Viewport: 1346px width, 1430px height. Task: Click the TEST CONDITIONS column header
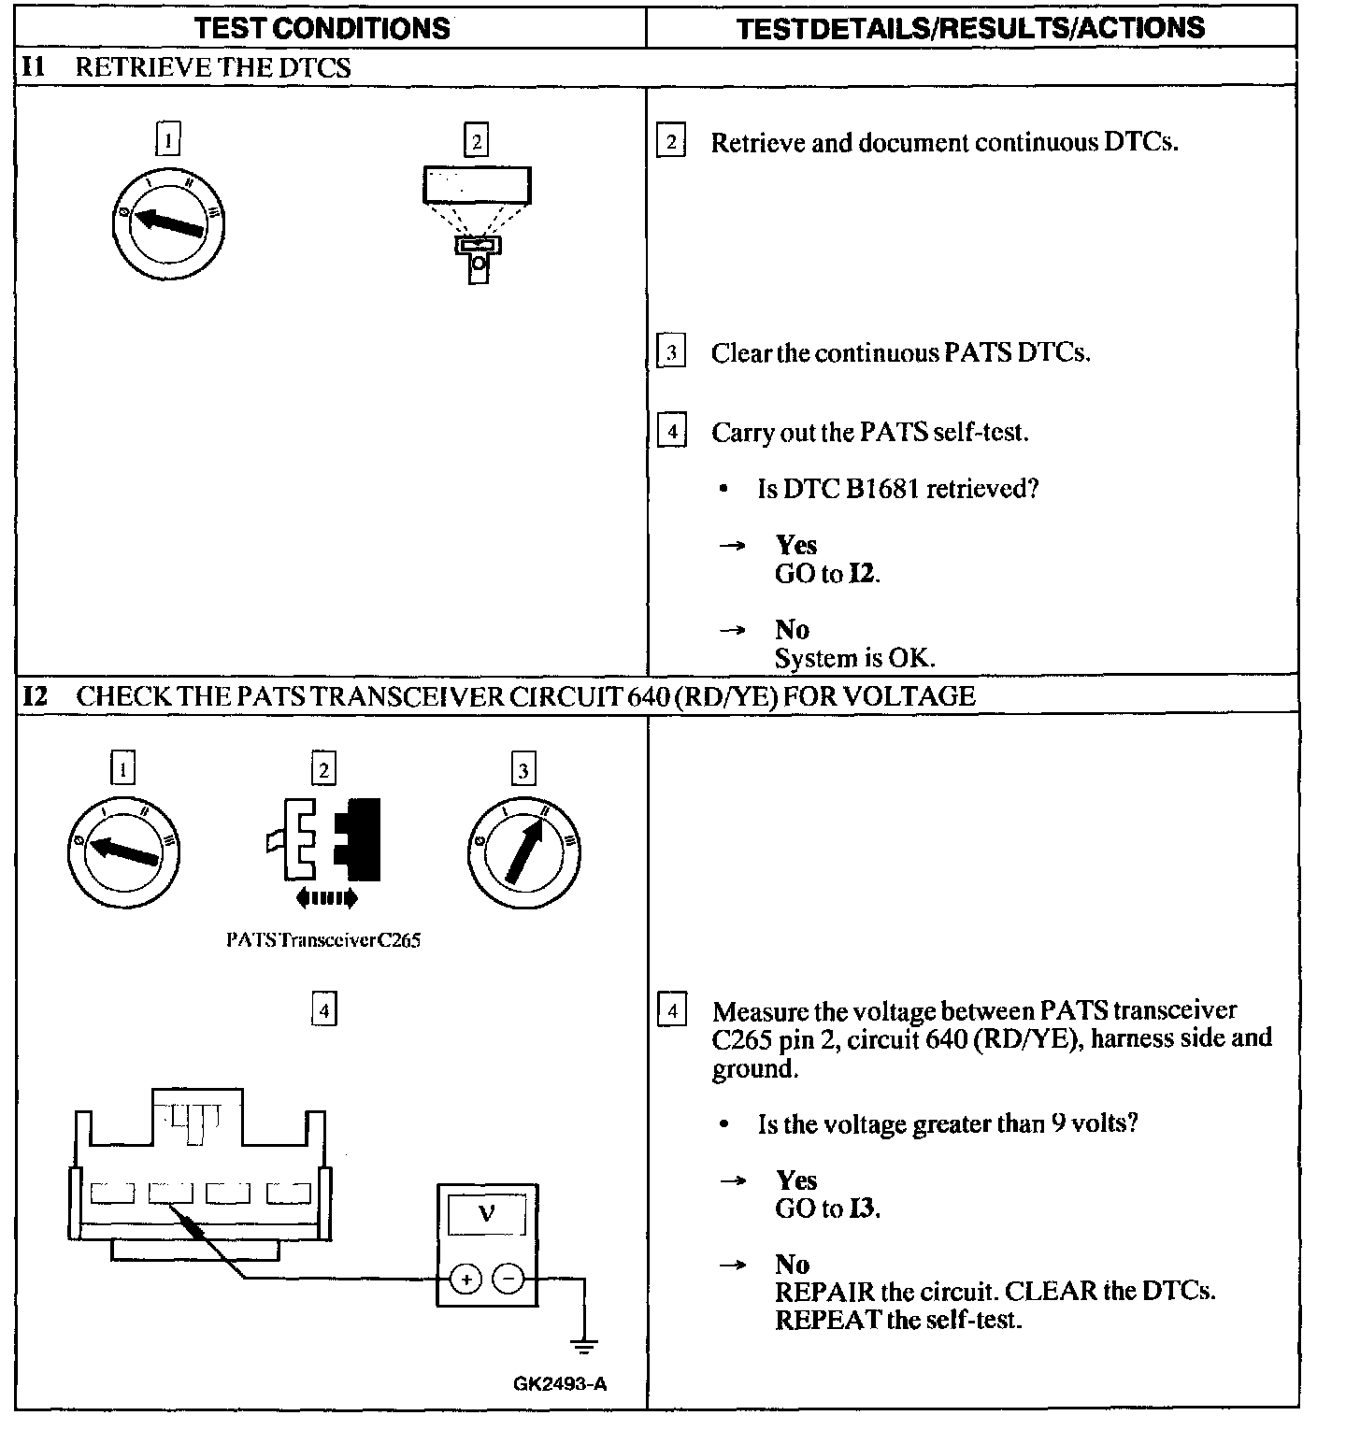(322, 28)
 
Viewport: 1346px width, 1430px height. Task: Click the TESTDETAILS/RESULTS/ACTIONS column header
(970, 28)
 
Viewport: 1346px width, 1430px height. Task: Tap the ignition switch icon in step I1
(170, 222)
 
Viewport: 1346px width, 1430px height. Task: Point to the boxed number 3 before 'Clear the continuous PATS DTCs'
(671, 352)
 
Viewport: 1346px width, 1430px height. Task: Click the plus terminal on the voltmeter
(465, 1278)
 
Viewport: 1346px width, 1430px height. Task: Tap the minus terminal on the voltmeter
(508, 1278)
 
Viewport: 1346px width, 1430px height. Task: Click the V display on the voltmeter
(486, 1215)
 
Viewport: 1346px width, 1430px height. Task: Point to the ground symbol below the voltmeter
(584, 1347)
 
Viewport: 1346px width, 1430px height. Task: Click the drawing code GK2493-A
(560, 1384)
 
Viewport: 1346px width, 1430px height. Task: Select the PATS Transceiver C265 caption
(323, 940)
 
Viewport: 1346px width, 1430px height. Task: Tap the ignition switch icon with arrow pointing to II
(523, 849)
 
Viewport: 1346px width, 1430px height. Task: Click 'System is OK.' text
(854, 658)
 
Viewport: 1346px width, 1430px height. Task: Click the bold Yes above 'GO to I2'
(796, 545)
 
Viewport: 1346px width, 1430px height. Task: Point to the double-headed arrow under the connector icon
(325, 899)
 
